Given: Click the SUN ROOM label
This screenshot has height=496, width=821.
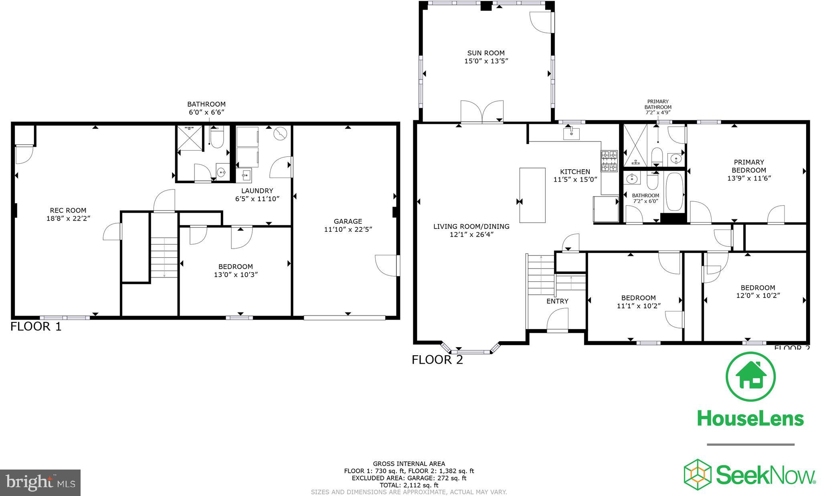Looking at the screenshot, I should pos(486,53).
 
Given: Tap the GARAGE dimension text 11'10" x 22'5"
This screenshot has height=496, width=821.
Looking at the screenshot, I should pos(348,229).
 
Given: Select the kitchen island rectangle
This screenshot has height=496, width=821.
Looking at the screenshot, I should pos(532,195).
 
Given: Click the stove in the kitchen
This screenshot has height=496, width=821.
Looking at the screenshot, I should pos(609,160).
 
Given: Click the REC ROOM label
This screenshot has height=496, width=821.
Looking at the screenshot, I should pos(68,210).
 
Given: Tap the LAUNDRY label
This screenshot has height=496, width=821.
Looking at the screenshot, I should pos(257,190).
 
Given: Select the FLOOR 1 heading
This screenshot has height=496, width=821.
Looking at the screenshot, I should pos(36,326).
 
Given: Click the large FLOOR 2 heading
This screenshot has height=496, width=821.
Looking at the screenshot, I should pos(437,360).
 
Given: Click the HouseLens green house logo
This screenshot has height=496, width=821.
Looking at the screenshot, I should pos(750,377).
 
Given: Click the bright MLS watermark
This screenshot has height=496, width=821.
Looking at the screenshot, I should pos(40,482).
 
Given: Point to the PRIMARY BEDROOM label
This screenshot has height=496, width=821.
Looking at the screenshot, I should pos(749,166).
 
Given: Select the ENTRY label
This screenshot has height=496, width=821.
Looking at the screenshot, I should pos(557,301).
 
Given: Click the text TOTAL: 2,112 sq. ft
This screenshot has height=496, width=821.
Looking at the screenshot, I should pos(409,485).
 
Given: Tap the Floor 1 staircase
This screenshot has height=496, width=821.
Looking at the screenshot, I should pos(164,257).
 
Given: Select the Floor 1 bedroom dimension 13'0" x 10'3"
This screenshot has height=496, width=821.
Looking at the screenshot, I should pos(236,275).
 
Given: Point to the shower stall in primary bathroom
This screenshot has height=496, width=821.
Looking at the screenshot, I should pos(635,145).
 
